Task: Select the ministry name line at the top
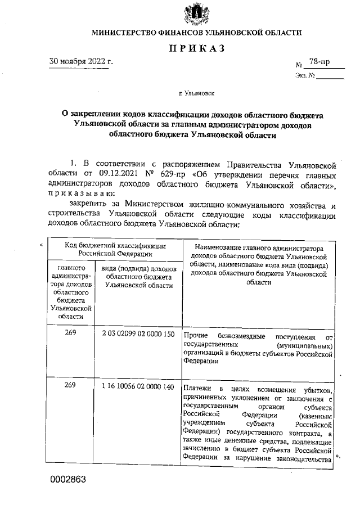pos(197,33)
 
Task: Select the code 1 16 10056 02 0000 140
pos(138,387)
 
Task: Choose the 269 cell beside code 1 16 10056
pos(70,387)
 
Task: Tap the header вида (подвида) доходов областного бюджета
pos(138,278)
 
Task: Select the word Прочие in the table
pos(193,336)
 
